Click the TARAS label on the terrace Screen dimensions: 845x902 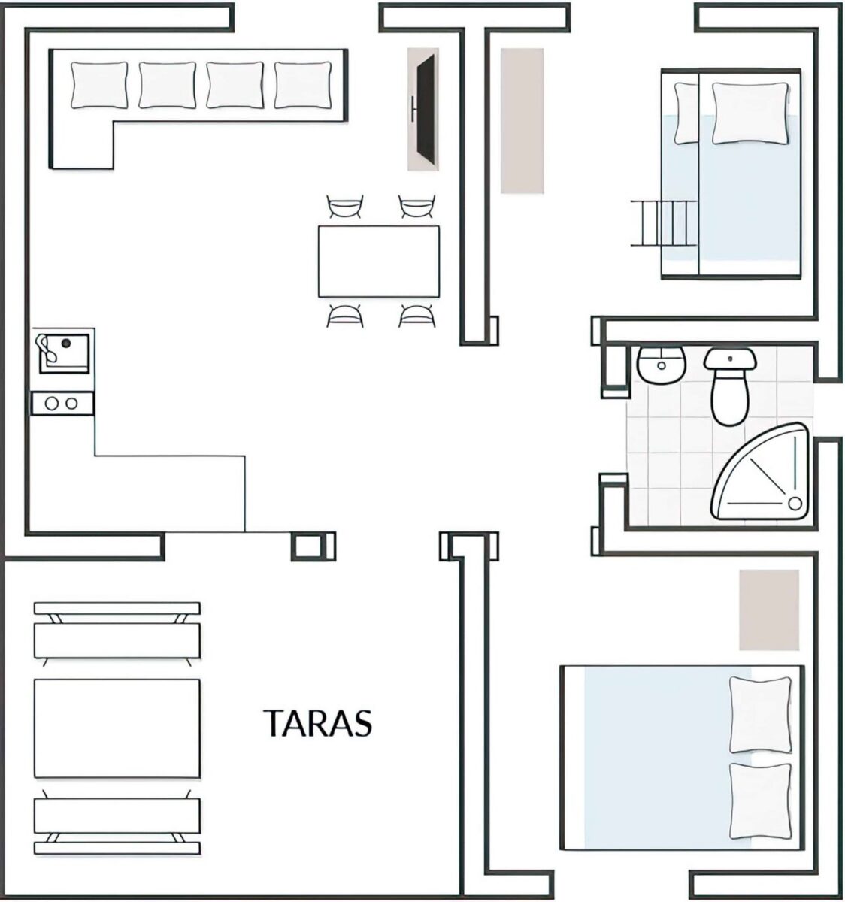[317, 722]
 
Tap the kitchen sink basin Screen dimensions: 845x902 [64, 353]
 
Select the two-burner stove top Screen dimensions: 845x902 [62, 403]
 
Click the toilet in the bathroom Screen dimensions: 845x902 [730, 386]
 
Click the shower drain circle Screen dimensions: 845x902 [795, 503]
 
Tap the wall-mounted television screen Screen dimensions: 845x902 [426, 108]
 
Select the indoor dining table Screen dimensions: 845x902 [378, 262]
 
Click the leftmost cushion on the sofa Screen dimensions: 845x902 [99, 86]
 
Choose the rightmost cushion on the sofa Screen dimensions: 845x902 [302, 86]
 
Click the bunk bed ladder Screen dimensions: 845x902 [663, 223]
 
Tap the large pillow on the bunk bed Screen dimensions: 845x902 [750, 113]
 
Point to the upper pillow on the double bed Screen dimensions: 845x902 [760, 714]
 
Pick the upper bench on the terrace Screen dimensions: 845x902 [117, 633]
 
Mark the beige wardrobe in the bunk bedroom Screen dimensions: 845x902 [522, 121]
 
